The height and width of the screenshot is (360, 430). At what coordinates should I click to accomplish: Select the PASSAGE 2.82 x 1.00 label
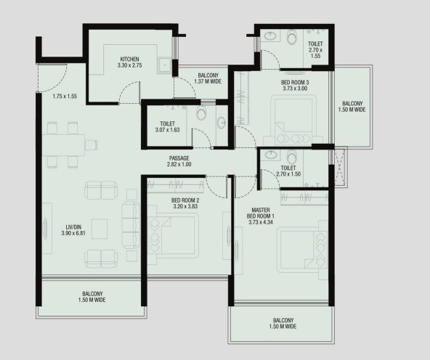click(x=179, y=161)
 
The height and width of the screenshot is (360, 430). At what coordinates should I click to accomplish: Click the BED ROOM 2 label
click(x=185, y=202)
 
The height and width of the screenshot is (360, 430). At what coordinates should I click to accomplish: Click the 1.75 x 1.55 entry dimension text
click(x=65, y=97)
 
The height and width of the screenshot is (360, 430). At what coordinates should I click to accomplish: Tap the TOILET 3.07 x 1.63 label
click(x=167, y=126)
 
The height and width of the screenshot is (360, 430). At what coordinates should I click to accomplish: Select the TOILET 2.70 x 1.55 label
click(x=315, y=49)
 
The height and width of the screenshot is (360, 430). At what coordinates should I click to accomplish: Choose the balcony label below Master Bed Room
click(x=283, y=324)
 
